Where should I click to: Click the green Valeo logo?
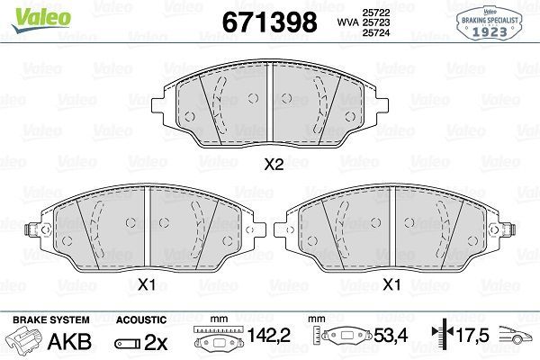(41, 20)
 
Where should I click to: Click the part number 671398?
(270, 22)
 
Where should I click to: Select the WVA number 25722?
(375, 13)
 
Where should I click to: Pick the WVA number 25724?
(375, 32)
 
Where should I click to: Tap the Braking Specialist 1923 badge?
(490, 23)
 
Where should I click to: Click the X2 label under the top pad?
(274, 165)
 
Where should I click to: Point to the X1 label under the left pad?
(147, 285)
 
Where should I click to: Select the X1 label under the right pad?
(391, 285)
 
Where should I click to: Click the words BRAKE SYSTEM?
(51, 319)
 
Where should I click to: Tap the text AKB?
(69, 341)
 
